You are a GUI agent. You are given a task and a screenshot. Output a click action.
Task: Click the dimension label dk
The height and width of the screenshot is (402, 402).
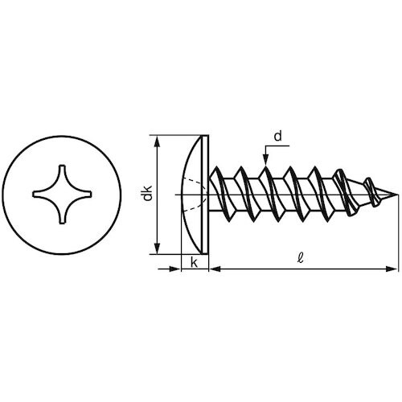click(x=147, y=193)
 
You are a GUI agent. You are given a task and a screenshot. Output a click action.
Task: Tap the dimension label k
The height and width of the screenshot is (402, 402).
click(x=194, y=263)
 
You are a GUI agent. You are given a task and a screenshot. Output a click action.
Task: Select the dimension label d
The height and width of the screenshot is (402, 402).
click(x=278, y=137)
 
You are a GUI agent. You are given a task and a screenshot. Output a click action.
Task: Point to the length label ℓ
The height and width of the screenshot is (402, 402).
click(x=301, y=258)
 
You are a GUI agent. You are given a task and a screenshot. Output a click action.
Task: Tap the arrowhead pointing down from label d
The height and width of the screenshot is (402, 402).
click(x=265, y=159)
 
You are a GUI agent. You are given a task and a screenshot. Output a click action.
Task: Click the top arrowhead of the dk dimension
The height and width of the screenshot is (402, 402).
click(x=158, y=142)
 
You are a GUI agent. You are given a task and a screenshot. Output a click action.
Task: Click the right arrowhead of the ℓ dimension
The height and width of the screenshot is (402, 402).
click(x=391, y=269)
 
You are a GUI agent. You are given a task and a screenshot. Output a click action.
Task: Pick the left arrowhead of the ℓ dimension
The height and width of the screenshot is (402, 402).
click(x=215, y=269)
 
